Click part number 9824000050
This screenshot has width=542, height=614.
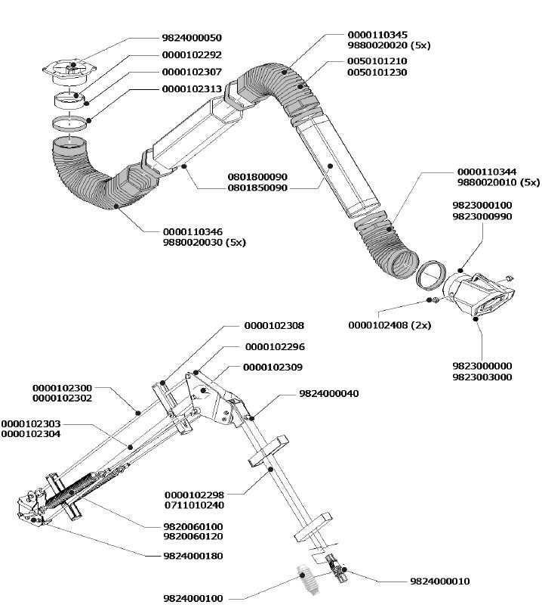[x=192, y=37]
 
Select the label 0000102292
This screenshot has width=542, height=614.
[x=192, y=54]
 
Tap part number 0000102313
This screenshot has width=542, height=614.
[x=192, y=89]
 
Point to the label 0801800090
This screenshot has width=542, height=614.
[x=257, y=176]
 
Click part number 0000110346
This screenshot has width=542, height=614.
[x=193, y=231]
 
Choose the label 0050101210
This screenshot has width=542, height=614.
[x=377, y=61]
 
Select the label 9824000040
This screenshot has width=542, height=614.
[x=329, y=393]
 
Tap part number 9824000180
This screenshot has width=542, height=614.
[x=193, y=556]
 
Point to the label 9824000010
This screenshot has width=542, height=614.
[x=439, y=581]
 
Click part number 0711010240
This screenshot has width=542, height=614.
[x=193, y=504]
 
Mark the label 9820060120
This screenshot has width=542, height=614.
[x=193, y=536]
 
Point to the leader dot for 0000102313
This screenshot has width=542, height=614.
[x=89, y=119]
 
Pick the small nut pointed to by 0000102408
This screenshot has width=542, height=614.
[x=436, y=301]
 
